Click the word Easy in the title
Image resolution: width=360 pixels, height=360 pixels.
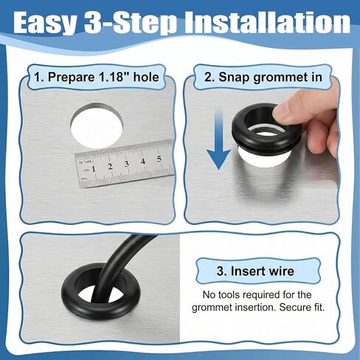pos(45,23)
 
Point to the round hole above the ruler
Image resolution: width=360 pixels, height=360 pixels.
pos(97,126)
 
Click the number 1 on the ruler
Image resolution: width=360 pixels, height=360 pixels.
pos(94,169)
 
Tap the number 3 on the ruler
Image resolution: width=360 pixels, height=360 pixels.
pos(126,164)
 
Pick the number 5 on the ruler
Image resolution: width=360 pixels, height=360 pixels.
pos(159,159)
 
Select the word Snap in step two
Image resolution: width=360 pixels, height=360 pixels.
pos(234,77)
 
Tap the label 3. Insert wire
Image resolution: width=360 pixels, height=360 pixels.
pos(255,271)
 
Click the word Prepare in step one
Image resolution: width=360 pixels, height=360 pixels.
pos(71,77)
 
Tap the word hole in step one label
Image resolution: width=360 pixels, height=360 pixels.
pos(146,77)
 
